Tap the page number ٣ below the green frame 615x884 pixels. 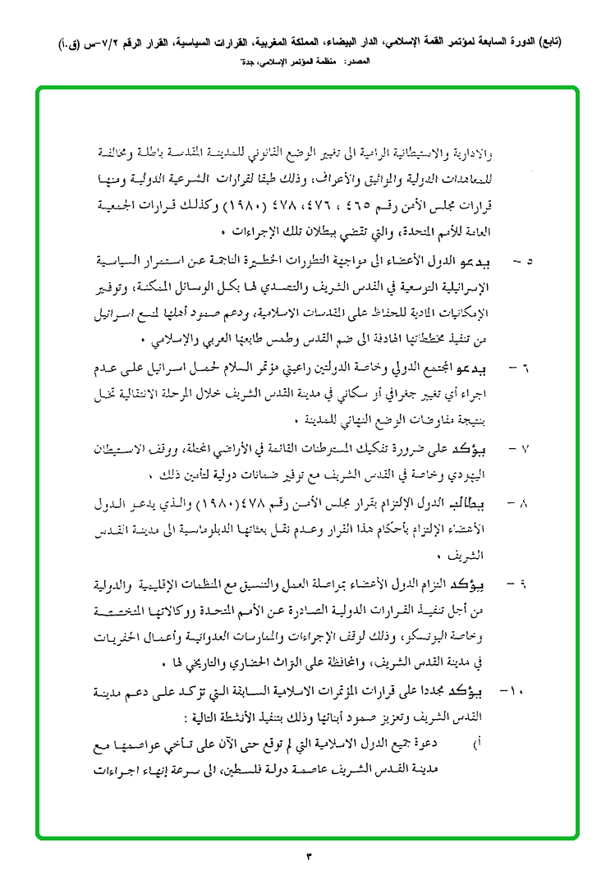[x=309, y=858]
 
